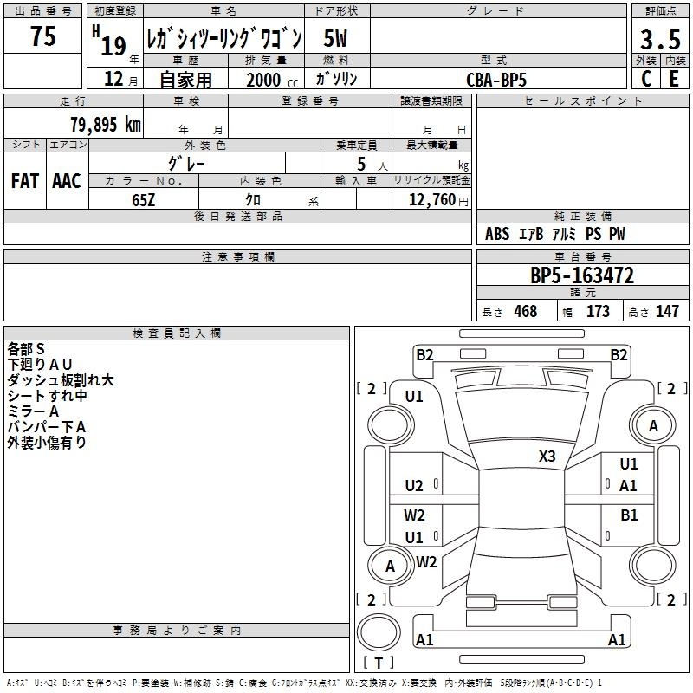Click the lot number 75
click(42, 36)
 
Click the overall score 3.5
click(660, 39)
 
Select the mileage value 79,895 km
click(106, 125)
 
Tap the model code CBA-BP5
click(496, 80)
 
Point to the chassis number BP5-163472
click(582, 275)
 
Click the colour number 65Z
click(143, 200)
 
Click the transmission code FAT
click(25, 181)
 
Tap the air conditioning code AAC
click(67, 181)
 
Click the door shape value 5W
click(335, 38)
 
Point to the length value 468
click(526, 311)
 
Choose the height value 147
click(667, 311)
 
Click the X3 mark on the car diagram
click(547, 457)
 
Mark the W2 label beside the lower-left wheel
click(426, 561)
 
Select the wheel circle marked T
click(379, 632)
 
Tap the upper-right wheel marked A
click(653, 426)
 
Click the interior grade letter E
click(674, 79)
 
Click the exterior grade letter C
click(646, 79)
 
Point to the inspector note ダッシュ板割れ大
click(61, 380)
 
